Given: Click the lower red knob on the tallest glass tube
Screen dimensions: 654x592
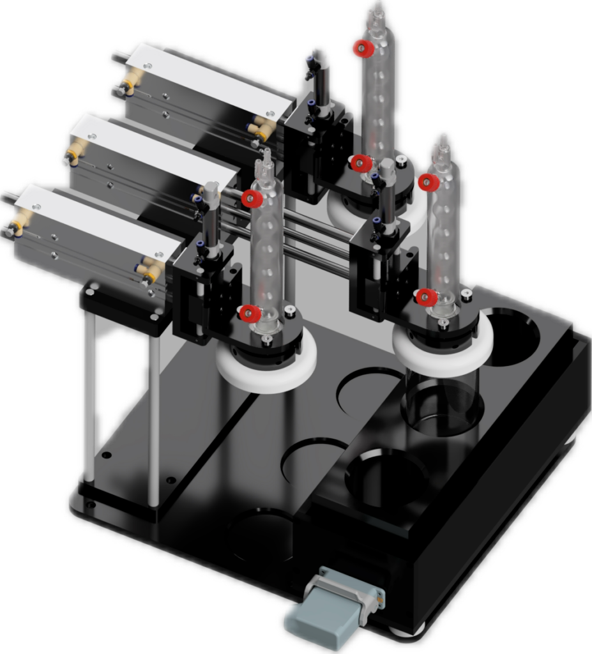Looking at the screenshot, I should (x=361, y=163).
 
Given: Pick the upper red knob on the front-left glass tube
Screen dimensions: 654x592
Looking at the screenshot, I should (x=251, y=199).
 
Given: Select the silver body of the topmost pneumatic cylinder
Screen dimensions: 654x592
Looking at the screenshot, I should (x=204, y=89).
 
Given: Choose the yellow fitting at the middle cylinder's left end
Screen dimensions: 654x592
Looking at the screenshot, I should (x=75, y=151).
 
